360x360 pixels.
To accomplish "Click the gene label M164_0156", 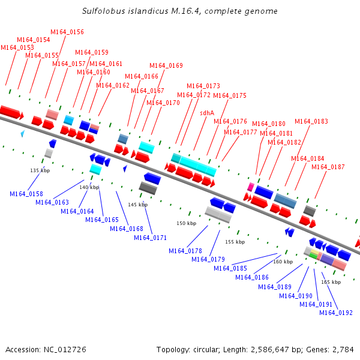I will click(67, 32).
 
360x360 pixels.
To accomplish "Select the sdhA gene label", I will click(207, 112).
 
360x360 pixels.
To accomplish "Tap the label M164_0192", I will click(335, 312).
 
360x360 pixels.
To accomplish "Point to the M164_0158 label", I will click(26, 194).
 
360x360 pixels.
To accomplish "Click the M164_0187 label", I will click(328, 167).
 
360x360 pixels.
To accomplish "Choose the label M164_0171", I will click(150, 238).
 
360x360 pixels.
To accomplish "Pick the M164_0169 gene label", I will click(166, 65).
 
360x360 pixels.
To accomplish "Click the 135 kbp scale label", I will click(38, 170).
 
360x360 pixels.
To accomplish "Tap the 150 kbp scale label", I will click(186, 223).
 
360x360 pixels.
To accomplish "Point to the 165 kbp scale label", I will click(331, 281).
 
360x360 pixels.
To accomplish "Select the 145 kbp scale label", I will click(137, 205).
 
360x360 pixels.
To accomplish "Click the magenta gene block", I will click(250, 187).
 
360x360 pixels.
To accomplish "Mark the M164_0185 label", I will click(230, 268).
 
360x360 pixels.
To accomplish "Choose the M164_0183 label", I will click(311, 121).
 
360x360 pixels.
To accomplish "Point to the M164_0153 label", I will click(17, 47).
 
